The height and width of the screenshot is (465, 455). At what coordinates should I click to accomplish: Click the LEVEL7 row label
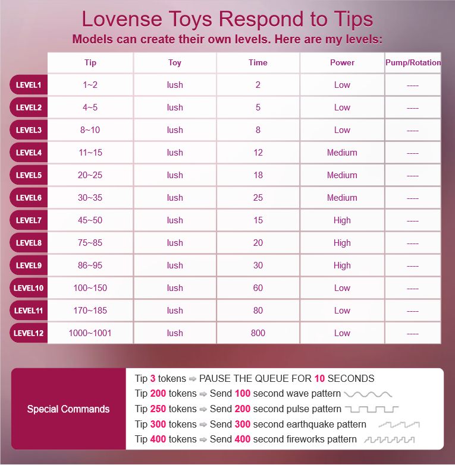coord(29,220)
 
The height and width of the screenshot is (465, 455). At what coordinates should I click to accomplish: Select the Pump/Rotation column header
coord(413,62)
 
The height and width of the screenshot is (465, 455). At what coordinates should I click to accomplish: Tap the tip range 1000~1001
coord(90,333)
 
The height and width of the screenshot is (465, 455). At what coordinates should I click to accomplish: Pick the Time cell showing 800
coord(258,333)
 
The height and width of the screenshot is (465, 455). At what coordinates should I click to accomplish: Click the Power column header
coord(342,62)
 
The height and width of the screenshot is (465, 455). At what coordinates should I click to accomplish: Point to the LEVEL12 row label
coord(29,333)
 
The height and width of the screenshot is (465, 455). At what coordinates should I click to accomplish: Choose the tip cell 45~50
coord(90,220)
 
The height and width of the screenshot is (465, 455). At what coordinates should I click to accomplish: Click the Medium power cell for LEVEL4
coord(342,153)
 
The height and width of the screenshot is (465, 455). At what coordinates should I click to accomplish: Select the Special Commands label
coord(68,409)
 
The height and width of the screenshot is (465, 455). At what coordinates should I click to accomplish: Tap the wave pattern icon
coord(368,394)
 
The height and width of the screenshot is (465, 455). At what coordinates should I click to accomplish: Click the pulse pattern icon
coord(372,409)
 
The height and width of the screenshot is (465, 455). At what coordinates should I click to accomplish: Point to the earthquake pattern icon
coord(398,425)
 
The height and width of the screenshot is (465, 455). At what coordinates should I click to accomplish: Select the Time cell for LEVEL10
coord(258,288)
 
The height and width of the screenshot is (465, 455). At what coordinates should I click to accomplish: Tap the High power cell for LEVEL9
coord(342,265)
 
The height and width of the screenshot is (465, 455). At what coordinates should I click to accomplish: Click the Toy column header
coord(175,62)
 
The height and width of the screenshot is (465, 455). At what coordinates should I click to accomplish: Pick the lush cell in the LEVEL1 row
coord(175,85)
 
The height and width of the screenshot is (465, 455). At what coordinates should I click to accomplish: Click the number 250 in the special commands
coord(158,409)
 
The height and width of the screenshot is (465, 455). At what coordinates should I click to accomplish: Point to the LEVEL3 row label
coord(29,130)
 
